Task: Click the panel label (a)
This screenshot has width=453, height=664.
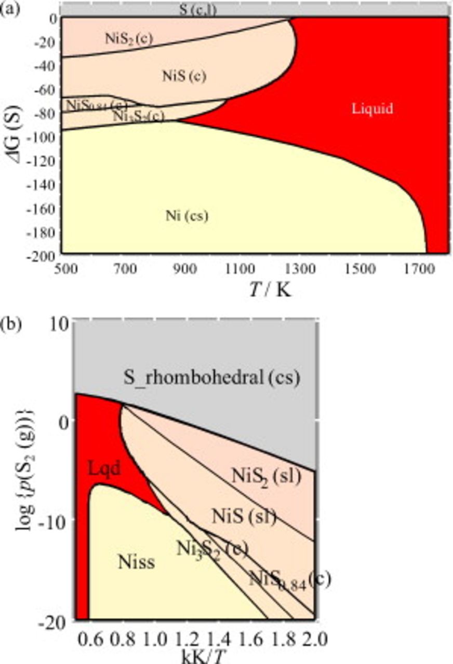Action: coord(9,8)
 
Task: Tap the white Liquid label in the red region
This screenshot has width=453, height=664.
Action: coord(372,109)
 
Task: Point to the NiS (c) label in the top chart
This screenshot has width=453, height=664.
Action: coord(184,76)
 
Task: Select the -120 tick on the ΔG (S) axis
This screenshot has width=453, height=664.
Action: coord(45,159)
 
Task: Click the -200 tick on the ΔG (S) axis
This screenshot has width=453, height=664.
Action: coord(45,254)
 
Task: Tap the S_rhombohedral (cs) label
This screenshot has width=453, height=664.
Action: coord(211,378)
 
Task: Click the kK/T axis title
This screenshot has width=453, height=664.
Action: coord(201,655)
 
